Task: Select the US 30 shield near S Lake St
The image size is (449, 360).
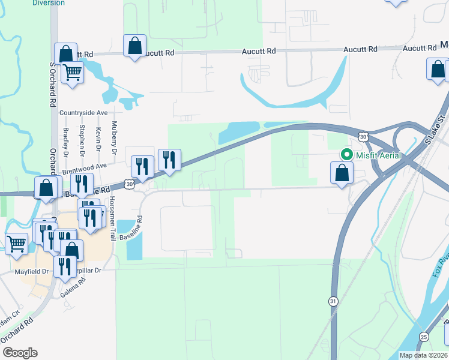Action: [363, 137]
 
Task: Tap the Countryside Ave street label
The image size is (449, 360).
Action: [83, 113]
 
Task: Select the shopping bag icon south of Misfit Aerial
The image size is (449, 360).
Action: [342, 173]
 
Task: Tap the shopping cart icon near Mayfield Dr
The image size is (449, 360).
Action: [16, 243]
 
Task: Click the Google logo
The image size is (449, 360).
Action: [20, 352]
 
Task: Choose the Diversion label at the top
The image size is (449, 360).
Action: [48, 3]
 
